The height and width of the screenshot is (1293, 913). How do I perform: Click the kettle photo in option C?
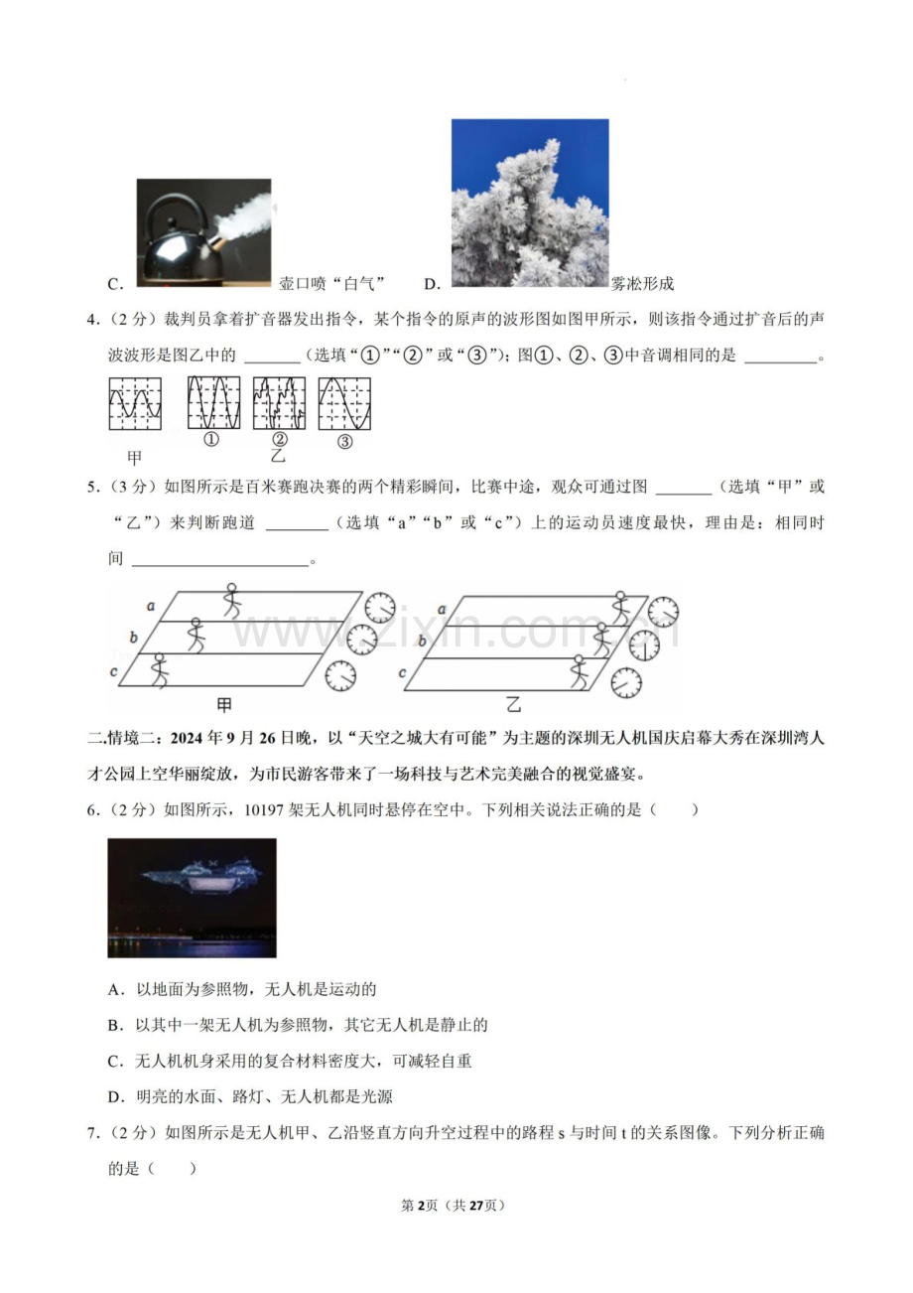(x=203, y=233)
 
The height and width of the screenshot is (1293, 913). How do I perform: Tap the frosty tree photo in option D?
(x=530, y=204)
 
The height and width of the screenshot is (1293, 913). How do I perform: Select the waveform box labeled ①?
(x=213, y=403)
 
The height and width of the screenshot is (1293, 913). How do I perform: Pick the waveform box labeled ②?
(x=279, y=403)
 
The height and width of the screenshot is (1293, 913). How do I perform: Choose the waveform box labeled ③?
(x=344, y=403)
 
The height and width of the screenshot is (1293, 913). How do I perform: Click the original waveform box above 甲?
(x=135, y=403)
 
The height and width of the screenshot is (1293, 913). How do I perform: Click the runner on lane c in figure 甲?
(x=159, y=670)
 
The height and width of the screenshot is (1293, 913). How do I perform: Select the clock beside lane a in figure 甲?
(x=379, y=607)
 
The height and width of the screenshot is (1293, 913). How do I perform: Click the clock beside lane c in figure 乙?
(x=626, y=682)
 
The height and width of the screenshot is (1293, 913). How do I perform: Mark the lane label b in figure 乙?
(x=422, y=642)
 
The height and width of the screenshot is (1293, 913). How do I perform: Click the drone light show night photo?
(x=192, y=898)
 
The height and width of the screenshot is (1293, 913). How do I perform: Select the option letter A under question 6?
(x=115, y=989)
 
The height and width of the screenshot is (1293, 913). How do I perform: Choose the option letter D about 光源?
(x=115, y=1096)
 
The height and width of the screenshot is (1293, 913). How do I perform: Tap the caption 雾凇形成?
(x=643, y=284)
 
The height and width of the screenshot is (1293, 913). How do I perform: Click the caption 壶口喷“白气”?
(x=331, y=284)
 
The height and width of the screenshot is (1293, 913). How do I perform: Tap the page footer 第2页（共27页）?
(x=456, y=1205)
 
